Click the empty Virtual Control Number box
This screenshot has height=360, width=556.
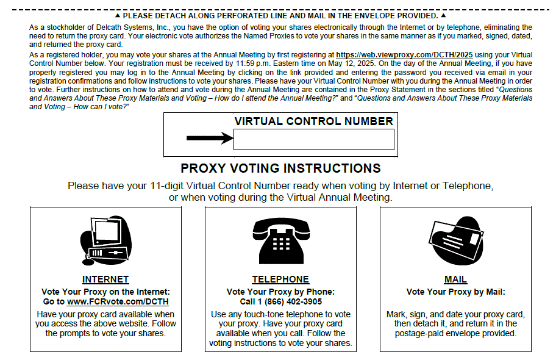pos(313,140)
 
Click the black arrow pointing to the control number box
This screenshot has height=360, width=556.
pos(210,139)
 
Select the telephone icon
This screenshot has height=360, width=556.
pos(280,241)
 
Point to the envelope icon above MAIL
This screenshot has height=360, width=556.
pos(455,240)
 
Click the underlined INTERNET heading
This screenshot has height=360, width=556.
pos(105,279)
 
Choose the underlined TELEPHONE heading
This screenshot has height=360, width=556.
pos(280,279)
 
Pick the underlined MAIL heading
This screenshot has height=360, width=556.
pos(455,279)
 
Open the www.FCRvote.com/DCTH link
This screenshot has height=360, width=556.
pos(118,301)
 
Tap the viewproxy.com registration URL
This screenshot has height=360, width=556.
pos(404,54)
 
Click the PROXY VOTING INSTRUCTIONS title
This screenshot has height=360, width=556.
pos(280,168)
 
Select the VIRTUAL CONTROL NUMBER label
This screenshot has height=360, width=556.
pos(313,121)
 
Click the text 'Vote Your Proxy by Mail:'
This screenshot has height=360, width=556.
pos(455,292)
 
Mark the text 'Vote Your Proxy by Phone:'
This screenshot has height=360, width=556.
pos(280,292)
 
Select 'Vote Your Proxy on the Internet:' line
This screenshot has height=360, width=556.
pos(105,292)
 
